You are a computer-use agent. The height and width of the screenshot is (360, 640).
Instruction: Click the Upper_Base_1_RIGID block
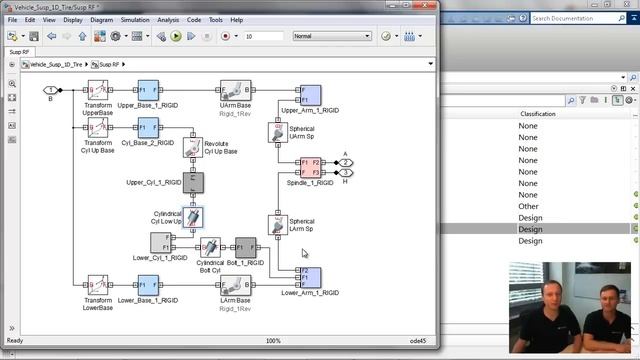click(x=148, y=91)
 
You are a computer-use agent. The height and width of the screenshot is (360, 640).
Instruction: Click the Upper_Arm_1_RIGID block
click(x=310, y=95)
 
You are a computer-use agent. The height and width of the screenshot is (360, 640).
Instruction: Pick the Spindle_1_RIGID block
click(x=310, y=167)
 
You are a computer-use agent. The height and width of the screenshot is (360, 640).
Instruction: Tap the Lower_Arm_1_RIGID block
click(x=310, y=276)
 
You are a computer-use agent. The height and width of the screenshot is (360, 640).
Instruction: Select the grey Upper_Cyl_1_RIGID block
click(x=195, y=182)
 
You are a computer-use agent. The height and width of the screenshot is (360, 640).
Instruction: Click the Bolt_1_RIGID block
click(x=245, y=248)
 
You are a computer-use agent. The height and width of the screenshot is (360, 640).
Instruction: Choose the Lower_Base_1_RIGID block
click(x=148, y=285)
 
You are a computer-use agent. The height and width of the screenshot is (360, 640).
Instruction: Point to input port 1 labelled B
click(x=50, y=91)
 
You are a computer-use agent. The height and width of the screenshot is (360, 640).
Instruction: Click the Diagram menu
click(x=101, y=19)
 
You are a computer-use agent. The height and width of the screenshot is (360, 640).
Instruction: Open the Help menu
click(x=236, y=19)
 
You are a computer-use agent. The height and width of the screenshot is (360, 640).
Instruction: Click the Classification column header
click(x=543, y=113)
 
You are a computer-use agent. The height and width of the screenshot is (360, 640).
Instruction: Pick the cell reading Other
click(x=528, y=207)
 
